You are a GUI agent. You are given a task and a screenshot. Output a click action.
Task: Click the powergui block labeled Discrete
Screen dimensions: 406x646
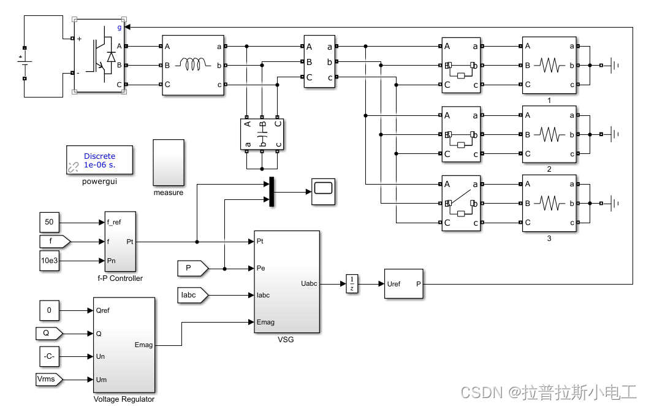(99, 161)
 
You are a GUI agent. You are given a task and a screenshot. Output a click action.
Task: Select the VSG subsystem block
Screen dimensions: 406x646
(286, 282)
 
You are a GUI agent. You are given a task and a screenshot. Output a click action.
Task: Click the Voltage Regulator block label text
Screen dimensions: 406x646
(124, 399)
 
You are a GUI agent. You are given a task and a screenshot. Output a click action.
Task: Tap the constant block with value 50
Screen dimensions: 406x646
(50, 223)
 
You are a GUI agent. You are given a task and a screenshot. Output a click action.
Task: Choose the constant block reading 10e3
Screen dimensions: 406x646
(50, 261)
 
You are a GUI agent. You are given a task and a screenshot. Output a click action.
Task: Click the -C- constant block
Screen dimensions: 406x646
(50, 356)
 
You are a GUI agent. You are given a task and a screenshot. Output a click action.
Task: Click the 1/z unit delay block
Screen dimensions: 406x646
(351, 284)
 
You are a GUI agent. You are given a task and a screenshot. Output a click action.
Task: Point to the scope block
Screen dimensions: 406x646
(323, 191)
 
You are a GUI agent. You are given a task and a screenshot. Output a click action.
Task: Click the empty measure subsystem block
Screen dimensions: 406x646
(168, 163)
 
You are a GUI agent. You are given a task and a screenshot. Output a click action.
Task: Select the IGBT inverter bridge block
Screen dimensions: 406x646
(99, 56)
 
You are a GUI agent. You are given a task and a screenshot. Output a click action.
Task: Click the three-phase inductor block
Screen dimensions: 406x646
(193, 64)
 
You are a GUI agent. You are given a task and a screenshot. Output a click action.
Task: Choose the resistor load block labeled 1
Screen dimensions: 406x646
(549, 64)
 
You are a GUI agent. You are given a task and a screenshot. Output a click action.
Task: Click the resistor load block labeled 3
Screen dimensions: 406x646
(549, 203)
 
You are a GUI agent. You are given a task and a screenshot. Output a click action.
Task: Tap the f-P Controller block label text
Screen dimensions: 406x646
(120, 278)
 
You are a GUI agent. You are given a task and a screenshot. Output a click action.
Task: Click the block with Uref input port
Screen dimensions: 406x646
(403, 284)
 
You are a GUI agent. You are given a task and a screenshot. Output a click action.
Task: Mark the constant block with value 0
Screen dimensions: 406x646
(50, 310)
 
